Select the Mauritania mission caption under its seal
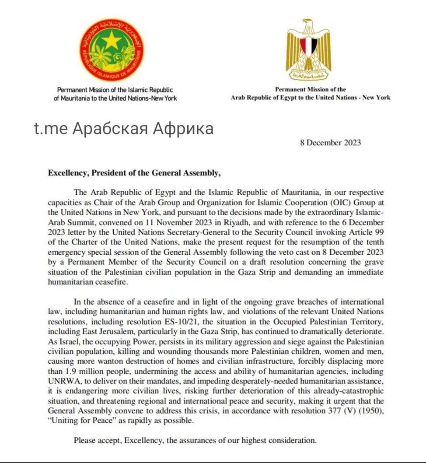point(115,94)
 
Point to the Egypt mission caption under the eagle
point(311,94)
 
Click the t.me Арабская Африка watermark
point(124,128)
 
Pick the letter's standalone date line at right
point(330,143)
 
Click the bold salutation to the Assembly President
point(135,173)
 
